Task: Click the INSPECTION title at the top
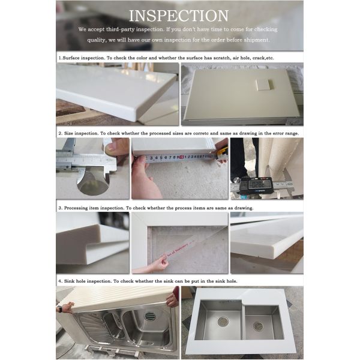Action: tap(179, 16)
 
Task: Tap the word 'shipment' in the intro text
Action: tap(256, 40)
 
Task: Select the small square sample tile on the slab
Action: tap(263, 85)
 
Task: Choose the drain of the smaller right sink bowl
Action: tap(258, 326)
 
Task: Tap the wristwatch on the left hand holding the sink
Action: tap(60, 309)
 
